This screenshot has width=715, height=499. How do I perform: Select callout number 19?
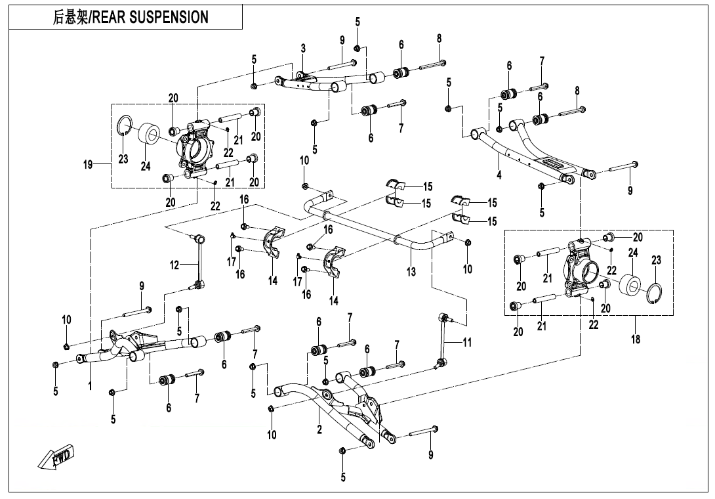click(88, 164)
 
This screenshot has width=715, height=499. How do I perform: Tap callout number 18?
click(635, 339)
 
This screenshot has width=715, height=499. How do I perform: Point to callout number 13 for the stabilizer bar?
click(411, 272)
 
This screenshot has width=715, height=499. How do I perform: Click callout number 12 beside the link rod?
click(174, 265)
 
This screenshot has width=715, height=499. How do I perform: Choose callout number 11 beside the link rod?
click(467, 342)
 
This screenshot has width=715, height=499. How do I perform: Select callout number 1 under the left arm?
click(91, 386)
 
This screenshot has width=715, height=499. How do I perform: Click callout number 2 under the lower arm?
click(319, 429)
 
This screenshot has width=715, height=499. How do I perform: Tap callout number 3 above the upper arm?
click(303, 49)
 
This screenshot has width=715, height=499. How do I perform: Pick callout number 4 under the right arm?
click(499, 175)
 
